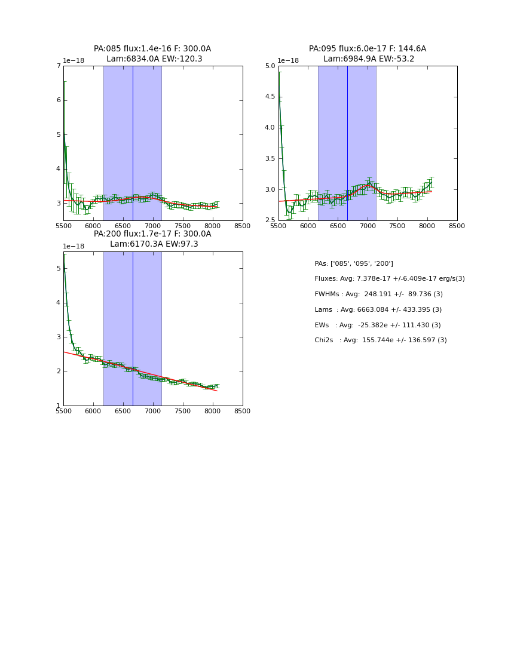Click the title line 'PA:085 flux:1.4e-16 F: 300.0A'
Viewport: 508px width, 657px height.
pos(152,49)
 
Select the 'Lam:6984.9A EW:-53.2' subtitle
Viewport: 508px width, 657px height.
pos(368,59)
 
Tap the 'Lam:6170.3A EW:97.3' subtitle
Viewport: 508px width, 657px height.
pos(154,244)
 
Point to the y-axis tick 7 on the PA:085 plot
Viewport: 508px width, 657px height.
pos(59,66)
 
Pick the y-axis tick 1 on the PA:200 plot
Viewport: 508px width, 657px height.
pos(59,406)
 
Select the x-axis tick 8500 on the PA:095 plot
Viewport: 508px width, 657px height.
pos(457,226)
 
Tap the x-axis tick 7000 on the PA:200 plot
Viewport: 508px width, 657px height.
pos(152,412)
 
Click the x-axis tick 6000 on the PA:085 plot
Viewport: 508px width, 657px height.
pos(93,226)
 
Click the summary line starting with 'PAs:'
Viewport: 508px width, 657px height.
pos(354,263)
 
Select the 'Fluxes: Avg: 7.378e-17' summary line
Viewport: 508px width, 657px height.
pos(389,279)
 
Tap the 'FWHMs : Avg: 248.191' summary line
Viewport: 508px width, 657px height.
pos(378,294)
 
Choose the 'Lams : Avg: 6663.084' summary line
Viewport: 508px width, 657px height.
pos(378,309)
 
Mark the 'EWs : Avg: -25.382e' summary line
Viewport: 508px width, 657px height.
pos(378,325)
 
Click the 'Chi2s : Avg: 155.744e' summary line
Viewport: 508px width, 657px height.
pos(381,340)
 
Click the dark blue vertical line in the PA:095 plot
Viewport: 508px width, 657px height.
pos(347,143)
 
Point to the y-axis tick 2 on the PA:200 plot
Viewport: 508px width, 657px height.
pos(59,372)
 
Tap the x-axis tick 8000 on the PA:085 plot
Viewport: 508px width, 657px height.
pos(213,226)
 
